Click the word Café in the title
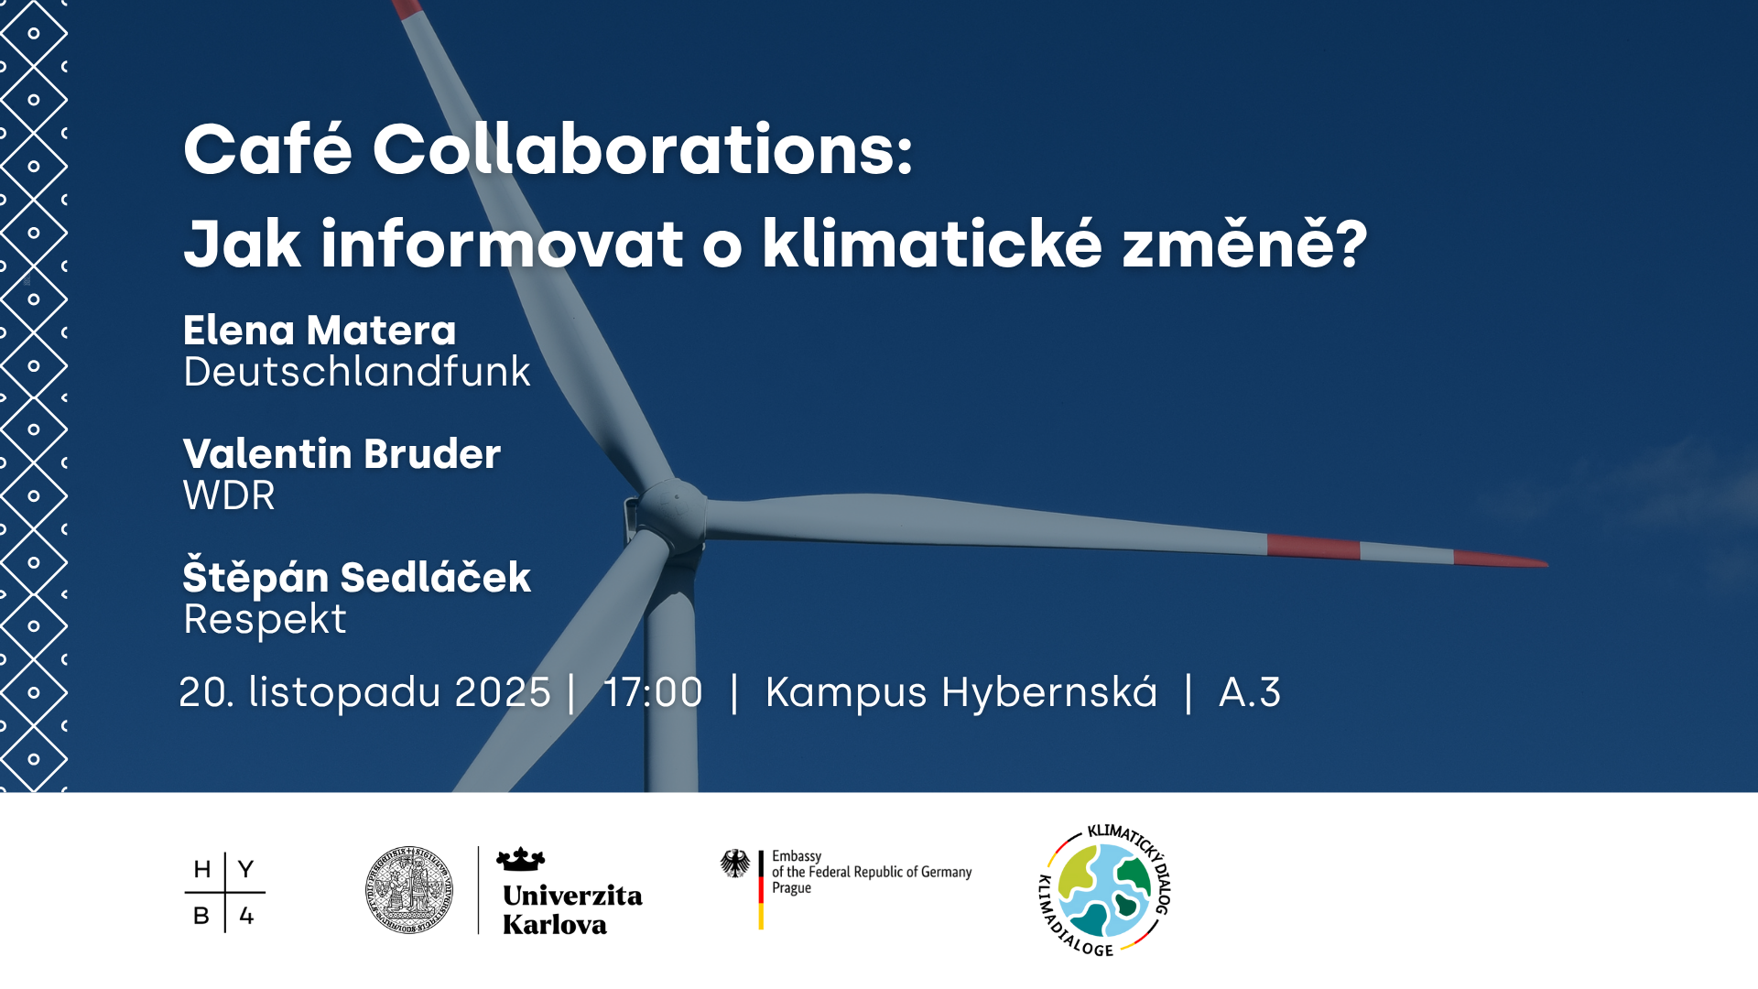(x=267, y=149)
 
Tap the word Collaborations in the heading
(x=642, y=149)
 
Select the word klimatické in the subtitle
(x=931, y=244)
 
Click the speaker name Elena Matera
(x=320, y=331)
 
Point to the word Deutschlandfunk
(x=356, y=372)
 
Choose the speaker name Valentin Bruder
(x=342, y=454)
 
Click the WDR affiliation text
(x=229, y=495)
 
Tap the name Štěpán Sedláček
(x=356, y=577)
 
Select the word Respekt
(x=265, y=619)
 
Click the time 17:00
(x=653, y=692)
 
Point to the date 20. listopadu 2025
(x=364, y=692)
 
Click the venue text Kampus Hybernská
(x=960, y=692)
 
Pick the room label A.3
(x=1249, y=692)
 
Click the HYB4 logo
(x=224, y=892)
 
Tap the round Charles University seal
(x=409, y=890)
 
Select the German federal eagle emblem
(x=734, y=863)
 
